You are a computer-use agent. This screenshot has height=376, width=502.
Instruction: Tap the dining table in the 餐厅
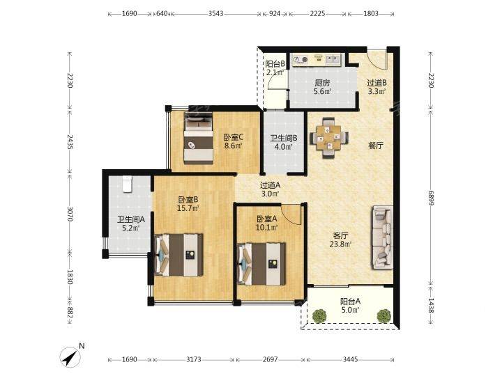pyautogui.click(x=329, y=138)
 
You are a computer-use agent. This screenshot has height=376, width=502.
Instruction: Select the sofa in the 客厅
pyautogui.click(x=382, y=237)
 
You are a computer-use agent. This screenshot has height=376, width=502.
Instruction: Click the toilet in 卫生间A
pyautogui.click(x=128, y=184)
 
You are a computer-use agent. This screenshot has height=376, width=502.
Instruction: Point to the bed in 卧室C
pyautogui.click(x=199, y=138)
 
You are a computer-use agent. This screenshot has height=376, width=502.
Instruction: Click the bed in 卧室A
pyautogui.click(x=261, y=264)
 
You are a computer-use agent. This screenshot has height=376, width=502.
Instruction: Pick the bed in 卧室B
pyautogui.click(x=178, y=255)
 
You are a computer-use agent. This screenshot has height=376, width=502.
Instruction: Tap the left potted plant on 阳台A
pyautogui.click(x=320, y=316)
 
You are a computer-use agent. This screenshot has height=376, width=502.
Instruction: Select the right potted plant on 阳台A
pyautogui.click(x=384, y=316)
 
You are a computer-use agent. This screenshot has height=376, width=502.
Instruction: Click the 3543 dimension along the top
pyautogui.click(x=215, y=14)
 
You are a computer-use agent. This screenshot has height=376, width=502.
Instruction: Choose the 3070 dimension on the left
pyautogui.click(x=70, y=214)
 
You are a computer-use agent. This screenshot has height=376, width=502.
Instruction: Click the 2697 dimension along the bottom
pyautogui.click(x=270, y=360)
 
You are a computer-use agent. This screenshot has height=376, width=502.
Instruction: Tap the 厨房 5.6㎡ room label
pyautogui.click(x=322, y=87)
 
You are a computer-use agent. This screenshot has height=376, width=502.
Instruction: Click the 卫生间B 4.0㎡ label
pyautogui.click(x=284, y=143)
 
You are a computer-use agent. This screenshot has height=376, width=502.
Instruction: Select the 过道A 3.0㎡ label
pyautogui.click(x=270, y=189)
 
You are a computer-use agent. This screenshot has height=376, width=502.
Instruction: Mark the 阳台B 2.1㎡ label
pyautogui.click(x=275, y=68)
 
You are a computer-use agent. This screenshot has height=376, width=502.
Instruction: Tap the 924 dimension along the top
pyautogui.click(x=275, y=14)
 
